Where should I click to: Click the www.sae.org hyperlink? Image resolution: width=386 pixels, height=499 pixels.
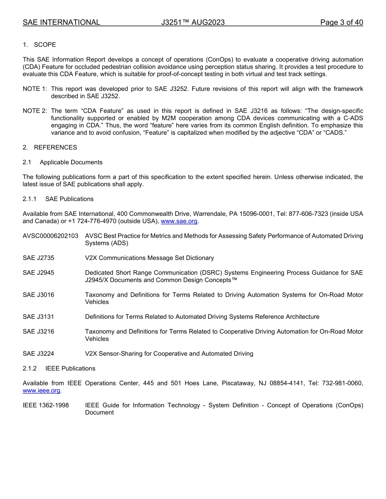[179, 221]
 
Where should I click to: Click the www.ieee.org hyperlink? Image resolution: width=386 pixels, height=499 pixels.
[41, 390]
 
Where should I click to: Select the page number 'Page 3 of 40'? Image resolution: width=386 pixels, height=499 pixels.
[341, 22]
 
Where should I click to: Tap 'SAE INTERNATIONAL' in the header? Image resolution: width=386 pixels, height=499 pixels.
[61, 22]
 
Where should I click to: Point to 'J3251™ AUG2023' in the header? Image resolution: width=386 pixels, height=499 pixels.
[193, 22]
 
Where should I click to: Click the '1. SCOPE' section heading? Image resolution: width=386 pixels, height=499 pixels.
[39, 45]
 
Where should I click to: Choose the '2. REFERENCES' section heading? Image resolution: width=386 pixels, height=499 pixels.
[50, 147]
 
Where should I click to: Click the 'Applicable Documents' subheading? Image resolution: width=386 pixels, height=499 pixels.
[71, 162]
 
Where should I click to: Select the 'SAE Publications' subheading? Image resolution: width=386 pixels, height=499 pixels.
[69, 199]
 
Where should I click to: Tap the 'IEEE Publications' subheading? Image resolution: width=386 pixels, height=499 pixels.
[70, 368]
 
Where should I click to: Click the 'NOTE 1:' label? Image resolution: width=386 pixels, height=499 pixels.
[35, 89]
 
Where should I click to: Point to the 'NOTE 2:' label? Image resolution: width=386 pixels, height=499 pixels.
[35, 111]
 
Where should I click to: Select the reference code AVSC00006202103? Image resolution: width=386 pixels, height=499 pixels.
[50, 236]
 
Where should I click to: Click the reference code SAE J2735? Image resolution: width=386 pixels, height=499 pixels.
[38, 258]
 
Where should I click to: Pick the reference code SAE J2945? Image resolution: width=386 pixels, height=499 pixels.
[38, 273]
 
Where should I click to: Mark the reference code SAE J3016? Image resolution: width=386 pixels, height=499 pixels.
[38, 295]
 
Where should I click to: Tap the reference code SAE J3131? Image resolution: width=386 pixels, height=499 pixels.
[38, 316]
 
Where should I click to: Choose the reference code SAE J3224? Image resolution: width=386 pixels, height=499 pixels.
[38, 353]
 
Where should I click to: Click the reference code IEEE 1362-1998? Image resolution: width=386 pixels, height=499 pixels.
[46, 405]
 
